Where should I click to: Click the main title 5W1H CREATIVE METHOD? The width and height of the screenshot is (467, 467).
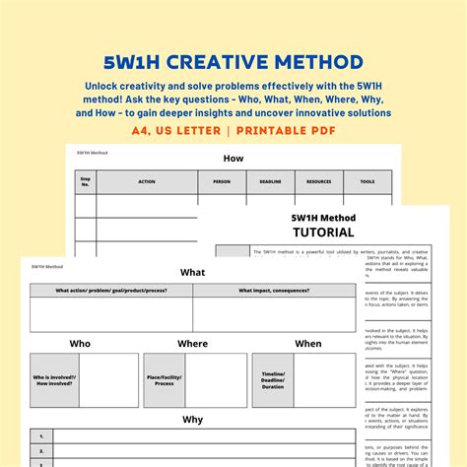click(x=233, y=63)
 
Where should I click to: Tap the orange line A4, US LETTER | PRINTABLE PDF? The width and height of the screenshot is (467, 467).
click(x=233, y=130)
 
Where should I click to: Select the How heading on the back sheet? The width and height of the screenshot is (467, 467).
click(x=233, y=157)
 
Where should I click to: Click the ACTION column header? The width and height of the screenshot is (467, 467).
click(x=147, y=181)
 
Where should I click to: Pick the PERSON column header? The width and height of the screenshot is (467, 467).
click(x=222, y=181)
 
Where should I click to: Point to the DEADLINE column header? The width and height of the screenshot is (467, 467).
click(x=270, y=181)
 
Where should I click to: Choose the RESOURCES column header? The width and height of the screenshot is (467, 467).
click(x=319, y=181)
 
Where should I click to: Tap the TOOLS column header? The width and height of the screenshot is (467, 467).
click(x=367, y=181)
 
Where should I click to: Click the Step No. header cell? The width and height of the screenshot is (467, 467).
click(x=86, y=181)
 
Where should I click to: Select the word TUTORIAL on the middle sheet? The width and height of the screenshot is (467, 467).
click(x=323, y=233)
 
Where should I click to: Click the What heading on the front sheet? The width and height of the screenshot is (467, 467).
click(x=193, y=272)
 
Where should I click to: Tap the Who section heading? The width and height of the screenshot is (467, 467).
click(x=80, y=344)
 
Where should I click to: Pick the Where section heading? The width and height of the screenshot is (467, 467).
click(x=193, y=344)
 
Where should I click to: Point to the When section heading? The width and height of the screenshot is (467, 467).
click(x=308, y=344)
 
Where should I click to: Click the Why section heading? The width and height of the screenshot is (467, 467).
click(x=193, y=419)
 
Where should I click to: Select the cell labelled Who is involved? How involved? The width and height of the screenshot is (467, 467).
click(x=54, y=379)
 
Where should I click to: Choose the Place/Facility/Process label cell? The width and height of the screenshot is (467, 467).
click(x=165, y=379)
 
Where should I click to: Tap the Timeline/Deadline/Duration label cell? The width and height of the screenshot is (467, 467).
click(x=273, y=379)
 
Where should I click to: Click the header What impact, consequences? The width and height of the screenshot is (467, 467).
click(x=274, y=291)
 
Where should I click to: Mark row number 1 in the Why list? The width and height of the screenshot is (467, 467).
click(x=41, y=434)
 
